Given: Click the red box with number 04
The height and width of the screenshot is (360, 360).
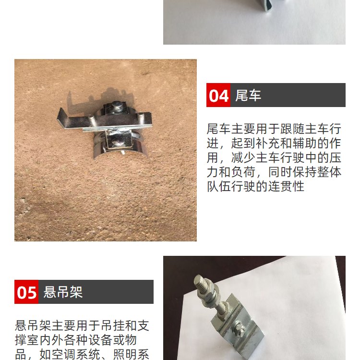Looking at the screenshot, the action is [x=218, y=95].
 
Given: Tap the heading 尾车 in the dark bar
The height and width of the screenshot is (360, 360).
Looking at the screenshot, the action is [x=248, y=96].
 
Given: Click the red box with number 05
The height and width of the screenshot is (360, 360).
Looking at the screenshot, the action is [x=26, y=292].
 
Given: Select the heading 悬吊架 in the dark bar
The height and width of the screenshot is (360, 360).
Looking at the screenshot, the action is [x=63, y=292].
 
